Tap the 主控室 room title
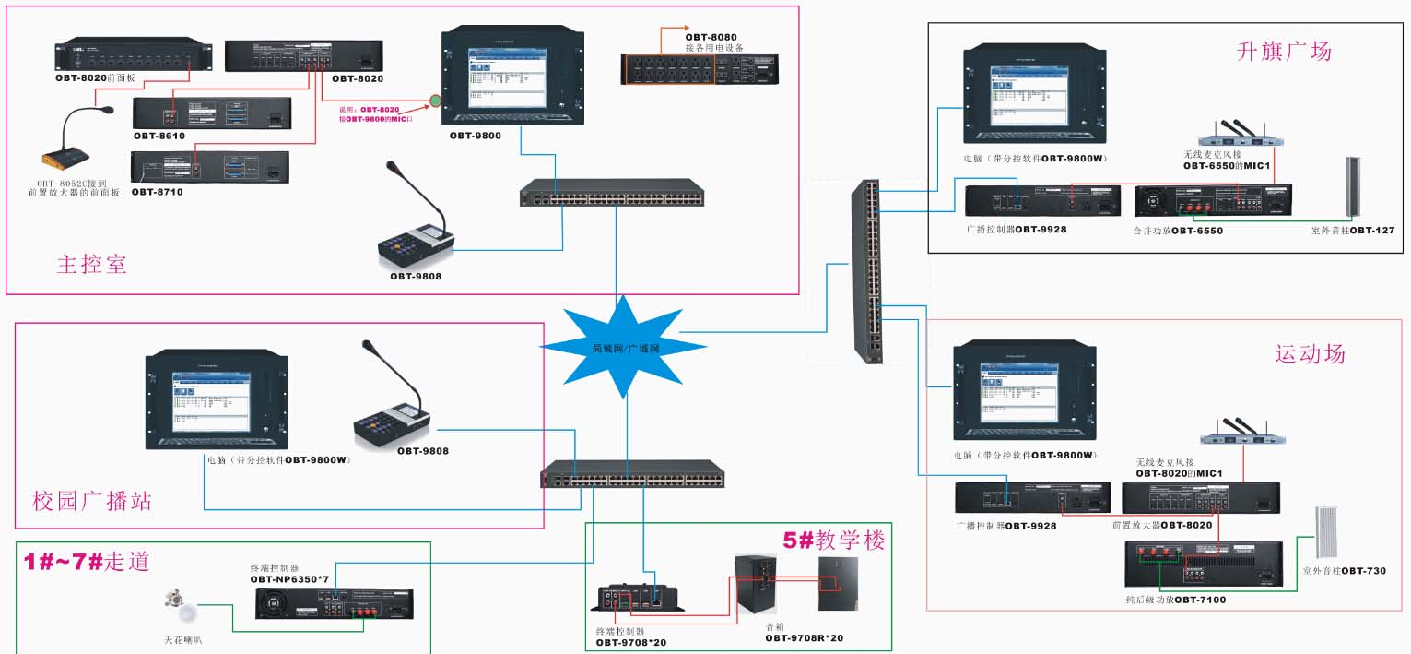pos(91,264)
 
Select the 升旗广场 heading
pos(1284,52)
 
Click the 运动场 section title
pos(1310,353)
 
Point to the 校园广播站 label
pos(91,501)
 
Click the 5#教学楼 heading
pos(833,540)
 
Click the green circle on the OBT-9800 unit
pos(435,100)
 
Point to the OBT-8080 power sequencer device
pos(700,69)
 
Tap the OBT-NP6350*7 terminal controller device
pos(334,604)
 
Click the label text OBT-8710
pos(157,193)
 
